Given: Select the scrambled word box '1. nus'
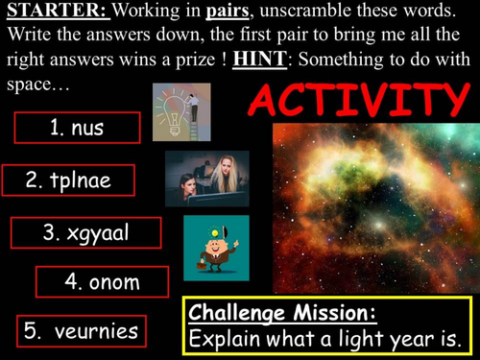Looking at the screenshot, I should coord(77,128).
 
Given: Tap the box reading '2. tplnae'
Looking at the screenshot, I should coord(68,180).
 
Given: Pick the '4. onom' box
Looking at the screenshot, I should coord(102,281).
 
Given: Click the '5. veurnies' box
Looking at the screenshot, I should coord(81,331).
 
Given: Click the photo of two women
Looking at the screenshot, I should coord(206,178).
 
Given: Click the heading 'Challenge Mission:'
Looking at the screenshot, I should coord(282,313).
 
